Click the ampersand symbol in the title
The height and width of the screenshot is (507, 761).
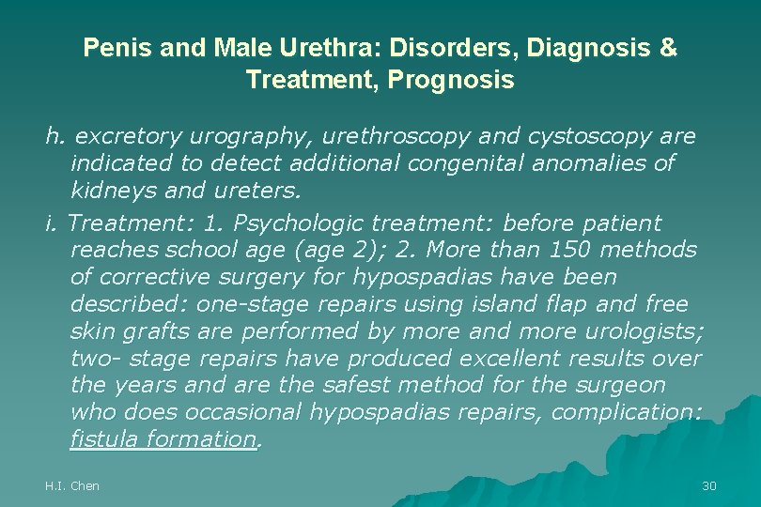668,48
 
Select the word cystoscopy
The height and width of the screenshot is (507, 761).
589,137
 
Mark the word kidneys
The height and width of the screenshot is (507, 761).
111,192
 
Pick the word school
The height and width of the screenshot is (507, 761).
201,251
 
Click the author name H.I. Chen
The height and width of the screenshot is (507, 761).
72,485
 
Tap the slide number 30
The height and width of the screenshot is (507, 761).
709,485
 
